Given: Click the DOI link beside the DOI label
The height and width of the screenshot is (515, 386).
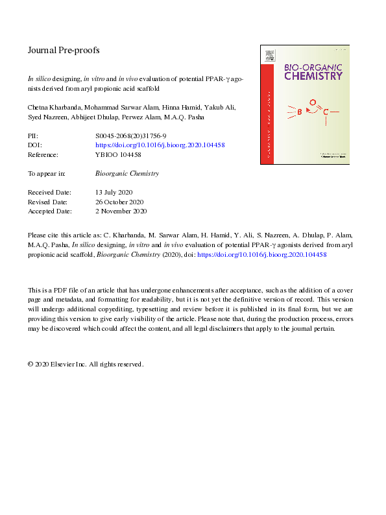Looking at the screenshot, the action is [x=160, y=145].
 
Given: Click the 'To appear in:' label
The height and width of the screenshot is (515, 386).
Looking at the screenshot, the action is [x=47, y=174].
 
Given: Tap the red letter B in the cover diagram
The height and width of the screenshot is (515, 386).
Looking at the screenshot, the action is [x=299, y=112].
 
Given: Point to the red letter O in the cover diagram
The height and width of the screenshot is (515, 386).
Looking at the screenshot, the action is [x=313, y=102].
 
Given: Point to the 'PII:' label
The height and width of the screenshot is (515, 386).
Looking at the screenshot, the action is [x=34, y=136].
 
